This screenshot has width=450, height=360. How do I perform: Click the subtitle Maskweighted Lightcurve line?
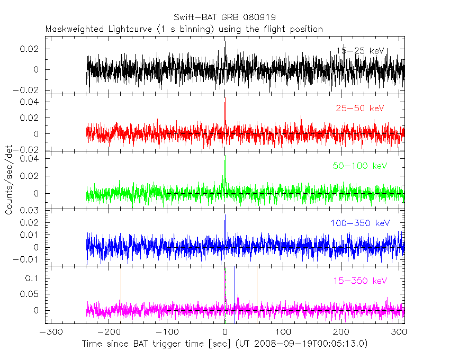[184, 29]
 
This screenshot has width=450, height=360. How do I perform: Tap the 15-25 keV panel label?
[360, 51]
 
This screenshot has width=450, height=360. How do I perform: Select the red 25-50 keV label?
[360, 109]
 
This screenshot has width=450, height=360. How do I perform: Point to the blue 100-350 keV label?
[360, 223]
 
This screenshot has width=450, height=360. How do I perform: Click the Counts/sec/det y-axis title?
[9, 181]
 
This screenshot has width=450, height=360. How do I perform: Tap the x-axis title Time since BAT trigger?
[224, 344]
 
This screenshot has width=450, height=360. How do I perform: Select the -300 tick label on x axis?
[49, 332]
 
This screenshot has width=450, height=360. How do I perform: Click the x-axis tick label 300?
[400, 332]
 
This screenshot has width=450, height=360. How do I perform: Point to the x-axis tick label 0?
[225, 332]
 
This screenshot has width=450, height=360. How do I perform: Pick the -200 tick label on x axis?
[108, 332]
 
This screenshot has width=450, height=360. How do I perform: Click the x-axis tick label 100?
[283, 332]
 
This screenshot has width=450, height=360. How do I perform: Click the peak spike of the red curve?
[225, 104]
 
